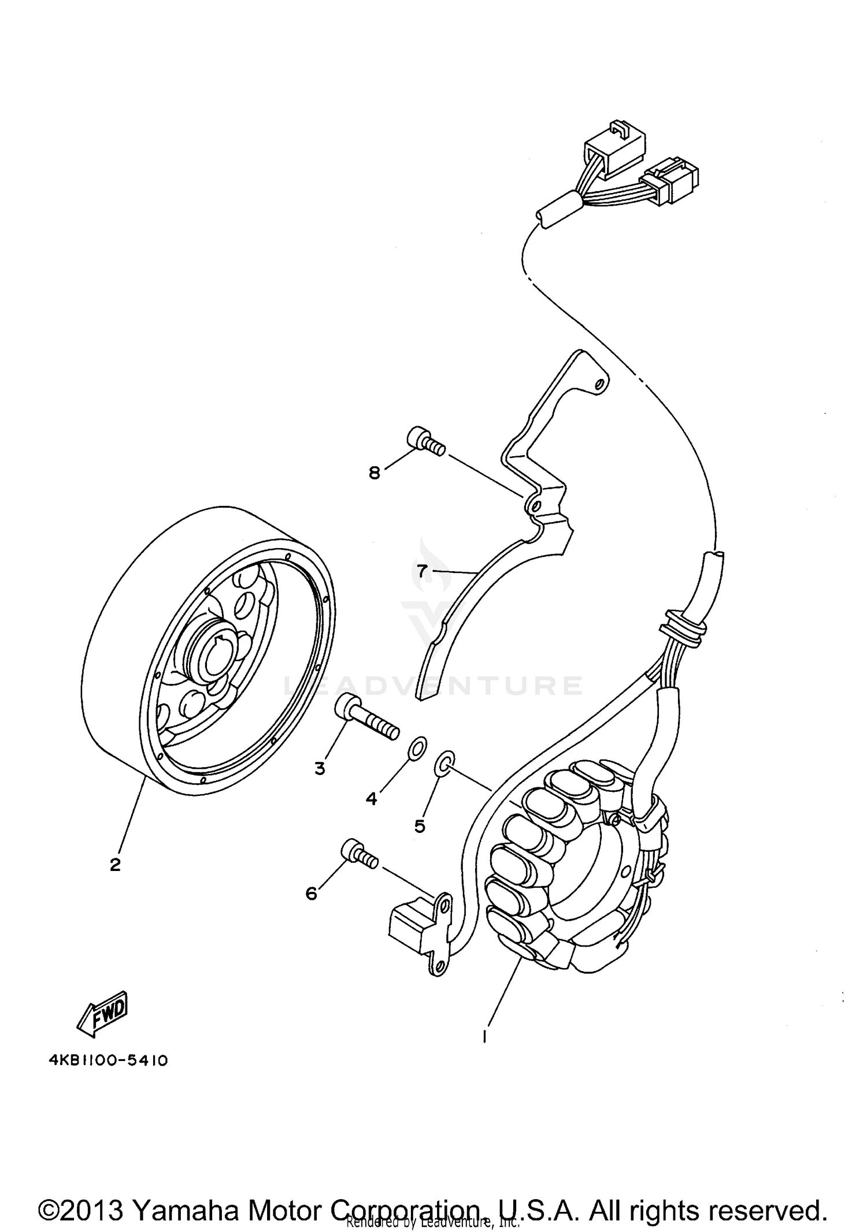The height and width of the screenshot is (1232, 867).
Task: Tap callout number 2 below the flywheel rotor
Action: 116,881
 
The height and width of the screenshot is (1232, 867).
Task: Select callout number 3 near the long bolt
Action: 320,769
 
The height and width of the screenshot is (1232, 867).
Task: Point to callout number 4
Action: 371,799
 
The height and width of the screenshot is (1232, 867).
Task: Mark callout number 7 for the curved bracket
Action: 423,571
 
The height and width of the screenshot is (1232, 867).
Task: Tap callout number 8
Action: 375,473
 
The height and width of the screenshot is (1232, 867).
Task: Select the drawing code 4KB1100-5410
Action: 108,1061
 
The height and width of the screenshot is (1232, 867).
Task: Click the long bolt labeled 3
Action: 367,717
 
